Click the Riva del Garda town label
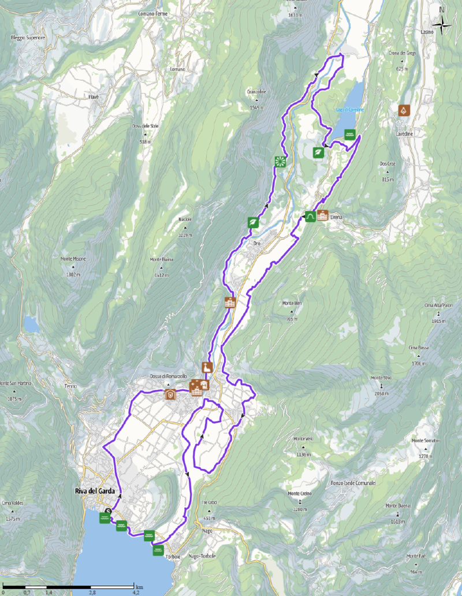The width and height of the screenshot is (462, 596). point(95,491)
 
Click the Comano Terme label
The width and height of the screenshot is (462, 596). point(153,13)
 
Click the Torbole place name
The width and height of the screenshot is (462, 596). point(173,556)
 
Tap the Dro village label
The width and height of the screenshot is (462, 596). point(258,244)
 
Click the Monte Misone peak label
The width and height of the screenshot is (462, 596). point(73,259)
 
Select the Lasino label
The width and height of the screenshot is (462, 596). point(427,32)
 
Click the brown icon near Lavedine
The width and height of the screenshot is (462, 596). point(403,110)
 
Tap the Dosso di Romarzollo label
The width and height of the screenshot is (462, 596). point(167,377)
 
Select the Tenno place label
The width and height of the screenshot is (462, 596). point(70,386)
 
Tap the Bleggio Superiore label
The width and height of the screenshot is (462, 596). point(28,38)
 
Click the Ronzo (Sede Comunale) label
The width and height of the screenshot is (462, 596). point(353,483)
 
